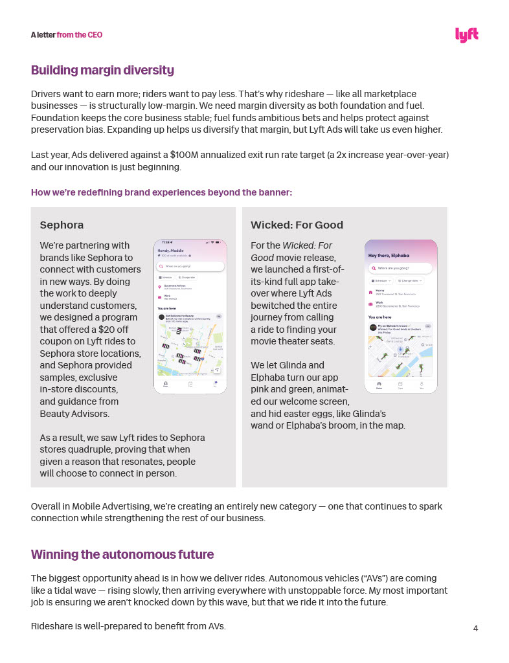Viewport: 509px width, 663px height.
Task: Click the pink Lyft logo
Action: (466, 35)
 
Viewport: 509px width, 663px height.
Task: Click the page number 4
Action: (475, 628)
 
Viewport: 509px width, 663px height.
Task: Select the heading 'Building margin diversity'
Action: (102, 70)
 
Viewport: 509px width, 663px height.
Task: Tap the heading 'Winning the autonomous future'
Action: (122, 554)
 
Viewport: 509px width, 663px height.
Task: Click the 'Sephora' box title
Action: (62, 225)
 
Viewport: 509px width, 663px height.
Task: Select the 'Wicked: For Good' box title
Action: (297, 225)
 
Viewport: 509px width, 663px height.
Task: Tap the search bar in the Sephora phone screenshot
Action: (190, 266)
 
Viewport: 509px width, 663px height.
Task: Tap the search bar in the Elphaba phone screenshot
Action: (400, 267)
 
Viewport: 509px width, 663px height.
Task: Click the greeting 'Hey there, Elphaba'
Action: (389, 256)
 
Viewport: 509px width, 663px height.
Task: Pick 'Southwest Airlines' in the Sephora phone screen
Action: (175, 285)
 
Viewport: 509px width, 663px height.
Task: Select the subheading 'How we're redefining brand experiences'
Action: (161, 192)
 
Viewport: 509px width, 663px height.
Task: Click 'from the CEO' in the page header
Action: (79, 35)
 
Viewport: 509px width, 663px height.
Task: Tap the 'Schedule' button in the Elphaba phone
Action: (381, 280)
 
